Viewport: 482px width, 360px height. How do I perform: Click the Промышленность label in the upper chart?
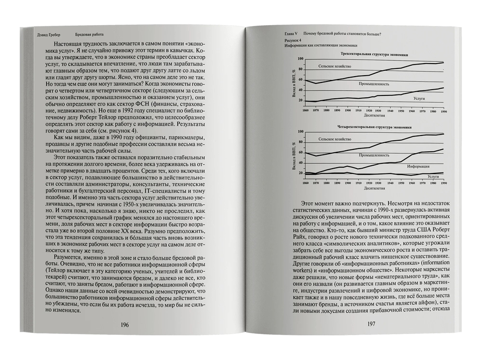click(x=373, y=84)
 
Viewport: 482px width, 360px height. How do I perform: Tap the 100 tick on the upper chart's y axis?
click(x=300, y=58)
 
